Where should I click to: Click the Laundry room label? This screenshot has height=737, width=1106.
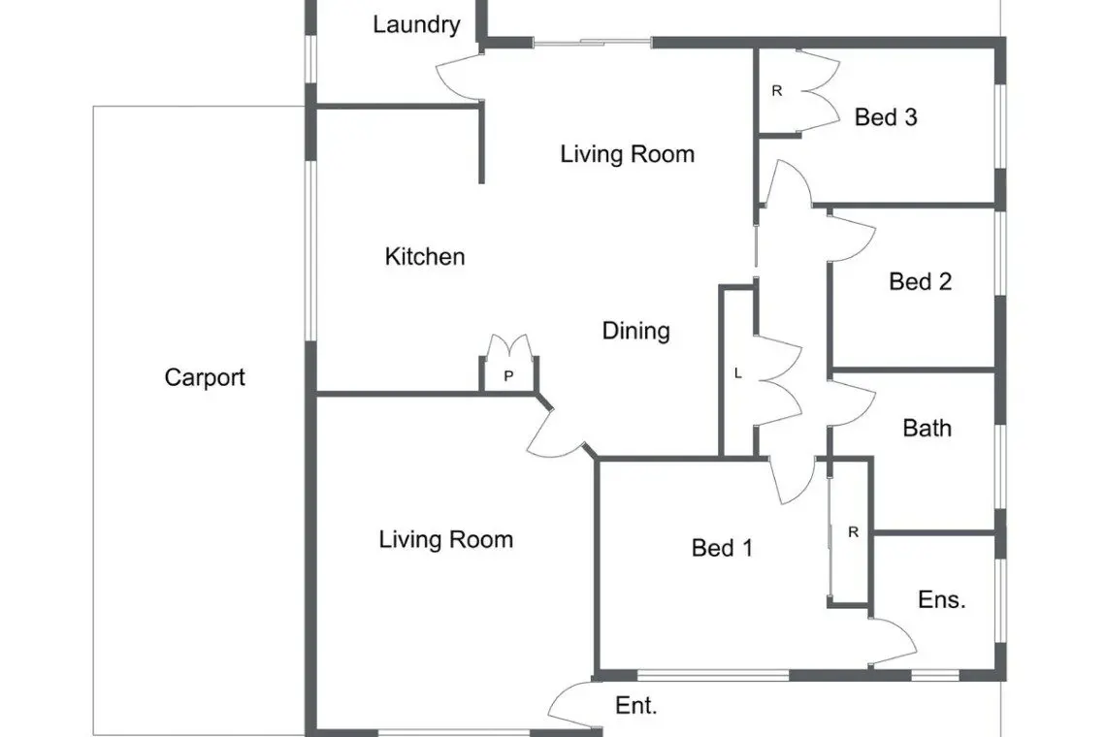click(x=416, y=25)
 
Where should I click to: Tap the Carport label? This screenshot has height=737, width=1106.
click(x=205, y=377)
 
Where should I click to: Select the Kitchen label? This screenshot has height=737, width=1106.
click(x=425, y=256)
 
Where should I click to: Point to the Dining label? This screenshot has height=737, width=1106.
click(x=635, y=331)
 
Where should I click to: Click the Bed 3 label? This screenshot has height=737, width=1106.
click(x=886, y=117)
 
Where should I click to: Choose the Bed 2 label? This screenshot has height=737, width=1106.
click(x=921, y=282)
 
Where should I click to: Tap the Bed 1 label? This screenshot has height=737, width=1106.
click(x=722, y=548)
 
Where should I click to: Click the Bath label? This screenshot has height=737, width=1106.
click(x=927, y=428)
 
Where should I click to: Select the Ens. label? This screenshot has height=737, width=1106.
click(x=942, y=599)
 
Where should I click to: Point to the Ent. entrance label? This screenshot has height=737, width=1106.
click(x=636, y=705)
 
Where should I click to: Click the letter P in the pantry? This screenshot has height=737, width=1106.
click(x=508, y=376)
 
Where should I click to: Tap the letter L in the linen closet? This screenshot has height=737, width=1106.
click(x=737, y=373)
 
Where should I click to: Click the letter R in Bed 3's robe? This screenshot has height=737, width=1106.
click(x=776, y=91)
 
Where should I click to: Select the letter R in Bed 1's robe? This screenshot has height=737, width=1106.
click(x=853, y=532)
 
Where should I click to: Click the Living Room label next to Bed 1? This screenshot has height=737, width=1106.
click(x=445, y=539)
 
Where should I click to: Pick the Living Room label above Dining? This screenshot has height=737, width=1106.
click(x=627, y=154)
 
